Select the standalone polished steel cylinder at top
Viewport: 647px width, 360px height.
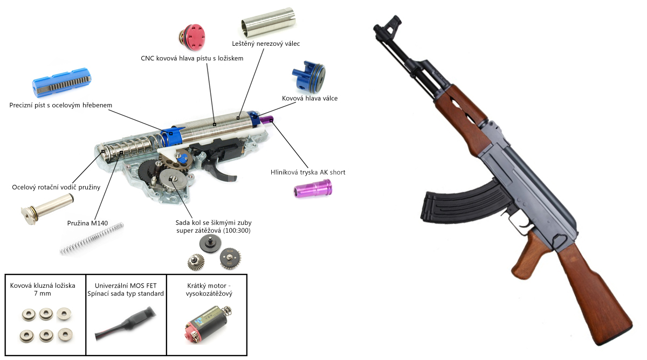[x=269, y=23]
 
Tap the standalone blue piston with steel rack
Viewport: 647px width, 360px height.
[x=61, y=82]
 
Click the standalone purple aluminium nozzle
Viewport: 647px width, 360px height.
[x=313, y=188]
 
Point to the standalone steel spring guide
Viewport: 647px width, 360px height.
[x=47, y=209]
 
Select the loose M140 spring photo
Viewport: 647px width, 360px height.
[x=92, y=239]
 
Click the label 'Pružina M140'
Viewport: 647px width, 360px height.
[x=87, y=223]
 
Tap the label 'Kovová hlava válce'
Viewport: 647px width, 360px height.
[x=309, y=98]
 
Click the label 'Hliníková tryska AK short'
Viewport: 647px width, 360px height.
[x=308, y=172]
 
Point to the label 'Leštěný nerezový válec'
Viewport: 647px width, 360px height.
[x=266, y=44]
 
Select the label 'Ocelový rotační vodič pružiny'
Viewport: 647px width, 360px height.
[x=56, y=188]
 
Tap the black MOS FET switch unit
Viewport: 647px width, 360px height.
[x=126, y=324]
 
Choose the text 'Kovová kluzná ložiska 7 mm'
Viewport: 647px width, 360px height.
[x=43, y=289]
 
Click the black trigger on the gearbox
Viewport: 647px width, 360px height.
[x=221, y=170]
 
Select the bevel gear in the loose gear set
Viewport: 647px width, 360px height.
[x=196, y=262]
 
